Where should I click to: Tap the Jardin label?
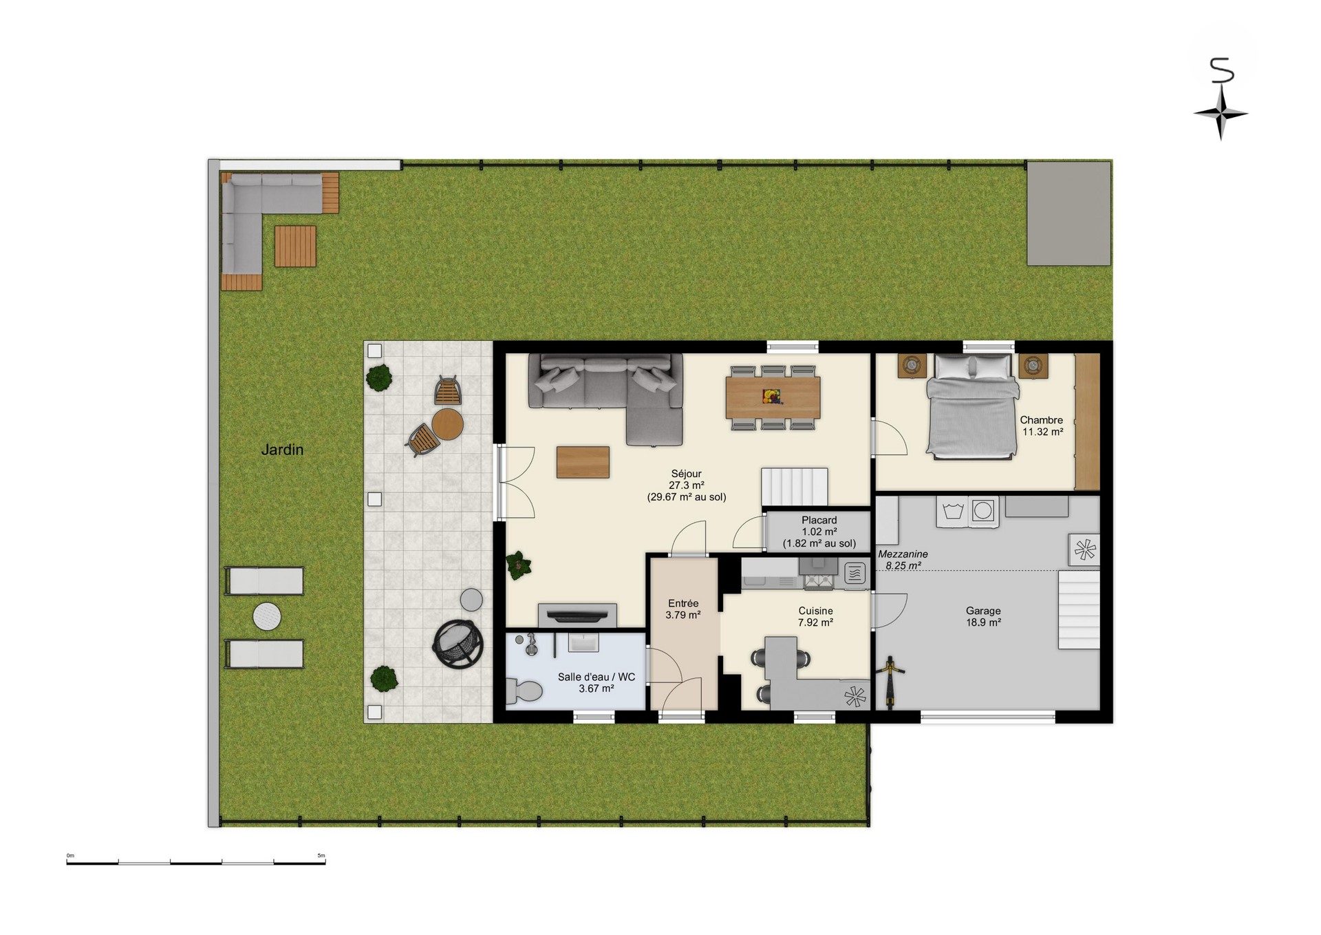(282, 450)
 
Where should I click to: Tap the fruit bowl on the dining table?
(771, 397)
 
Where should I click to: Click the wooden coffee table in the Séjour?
(583, 462)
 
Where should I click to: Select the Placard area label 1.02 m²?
(819, 532)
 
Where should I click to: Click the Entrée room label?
(683, 603)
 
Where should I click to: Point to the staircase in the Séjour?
(794, 487)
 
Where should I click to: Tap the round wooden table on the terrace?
(447, 424)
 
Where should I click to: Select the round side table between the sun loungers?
(267, 616)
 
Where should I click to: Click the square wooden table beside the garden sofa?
(295, 246)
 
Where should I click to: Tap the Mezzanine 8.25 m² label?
(903, 559)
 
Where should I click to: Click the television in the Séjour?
(577, 613)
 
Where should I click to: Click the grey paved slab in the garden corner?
(1069, 213)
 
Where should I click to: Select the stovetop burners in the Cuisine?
(818, 582)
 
